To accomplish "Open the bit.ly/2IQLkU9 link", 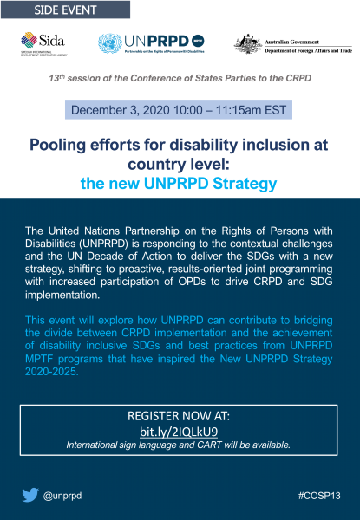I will tap(179, 431).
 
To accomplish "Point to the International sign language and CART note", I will tap(179, 445).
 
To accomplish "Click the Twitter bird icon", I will tap(30, 496).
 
